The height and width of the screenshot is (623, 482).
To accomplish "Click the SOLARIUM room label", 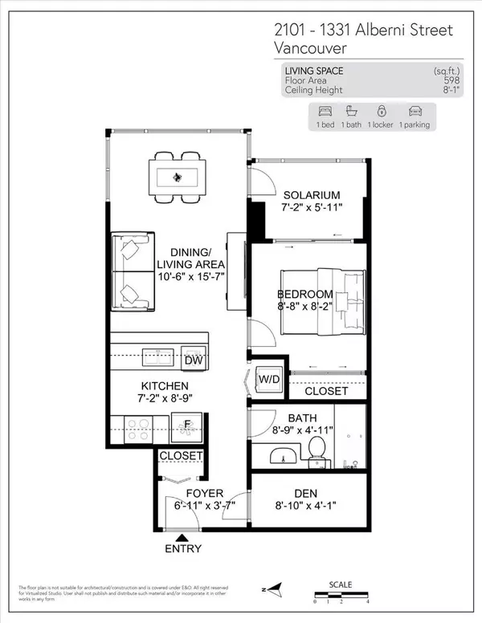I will click(312, 195).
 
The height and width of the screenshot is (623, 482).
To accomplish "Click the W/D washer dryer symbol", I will click(268, 379).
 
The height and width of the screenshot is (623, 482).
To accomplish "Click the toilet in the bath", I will click(318, 452).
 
